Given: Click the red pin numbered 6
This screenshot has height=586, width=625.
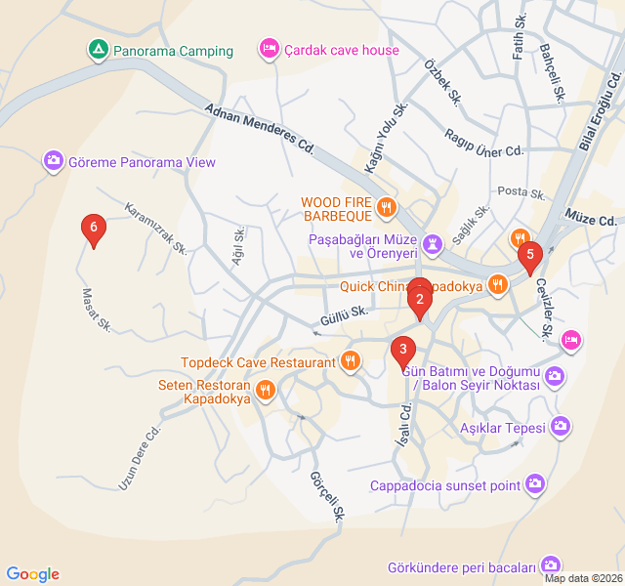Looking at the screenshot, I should (x=93, y=230).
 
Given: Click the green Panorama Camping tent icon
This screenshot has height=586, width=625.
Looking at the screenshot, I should (x=98, y=50).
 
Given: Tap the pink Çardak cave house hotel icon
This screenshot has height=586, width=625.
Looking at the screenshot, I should (x=269, y=48).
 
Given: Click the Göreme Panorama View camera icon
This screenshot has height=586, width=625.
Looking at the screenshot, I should (x=54, y=161).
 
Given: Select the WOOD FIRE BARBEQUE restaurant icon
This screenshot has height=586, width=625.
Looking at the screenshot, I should (x=387, y=206).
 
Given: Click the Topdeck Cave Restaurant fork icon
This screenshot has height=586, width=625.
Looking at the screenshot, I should (x=351, y=361).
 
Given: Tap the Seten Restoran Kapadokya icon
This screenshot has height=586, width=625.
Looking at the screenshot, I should (x=265, y=392).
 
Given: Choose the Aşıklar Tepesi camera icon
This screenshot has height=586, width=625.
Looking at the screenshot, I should (x=561, y=425).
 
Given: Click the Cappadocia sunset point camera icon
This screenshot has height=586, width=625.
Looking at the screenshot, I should (x=535, y=483).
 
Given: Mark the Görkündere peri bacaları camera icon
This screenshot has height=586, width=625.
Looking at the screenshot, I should (x=552, y=565).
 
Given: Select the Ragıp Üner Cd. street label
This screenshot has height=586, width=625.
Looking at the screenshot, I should (x=484, y=143).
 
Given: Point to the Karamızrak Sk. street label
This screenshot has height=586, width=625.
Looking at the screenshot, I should (x=156, y=229).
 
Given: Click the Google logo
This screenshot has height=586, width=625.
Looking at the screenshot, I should (x=32, y=574).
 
